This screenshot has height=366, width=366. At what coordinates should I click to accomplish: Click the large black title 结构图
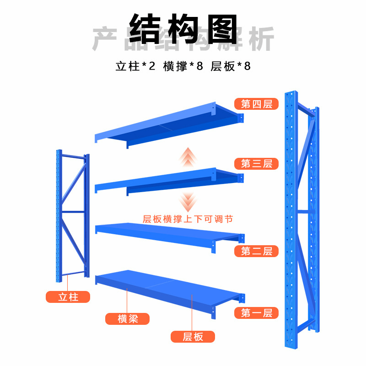tap(183, 28)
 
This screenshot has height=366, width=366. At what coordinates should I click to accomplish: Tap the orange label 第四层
tap(256, 104)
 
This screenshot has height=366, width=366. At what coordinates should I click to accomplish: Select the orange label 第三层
tap(256, 163)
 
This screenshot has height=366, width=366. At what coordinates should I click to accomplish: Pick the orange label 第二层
tap(256, 251)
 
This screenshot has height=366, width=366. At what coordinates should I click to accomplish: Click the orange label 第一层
tap(256, 313)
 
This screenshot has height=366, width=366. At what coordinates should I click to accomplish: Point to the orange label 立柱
tap(68, 297)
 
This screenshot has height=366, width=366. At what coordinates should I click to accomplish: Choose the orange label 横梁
tap(128, 318)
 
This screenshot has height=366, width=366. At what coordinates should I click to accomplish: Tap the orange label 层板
tap(193, 337)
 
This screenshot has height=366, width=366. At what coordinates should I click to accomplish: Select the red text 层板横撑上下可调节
tap(188, 219)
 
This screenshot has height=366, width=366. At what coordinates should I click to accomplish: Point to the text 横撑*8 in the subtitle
tap(183, 66)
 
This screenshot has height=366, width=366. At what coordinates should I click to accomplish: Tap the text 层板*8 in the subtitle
tap(231, 66)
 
